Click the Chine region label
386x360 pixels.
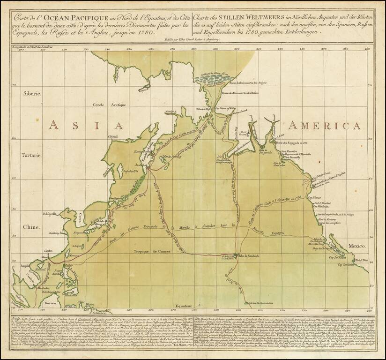[30, 227]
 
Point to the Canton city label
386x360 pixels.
[49, 252]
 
